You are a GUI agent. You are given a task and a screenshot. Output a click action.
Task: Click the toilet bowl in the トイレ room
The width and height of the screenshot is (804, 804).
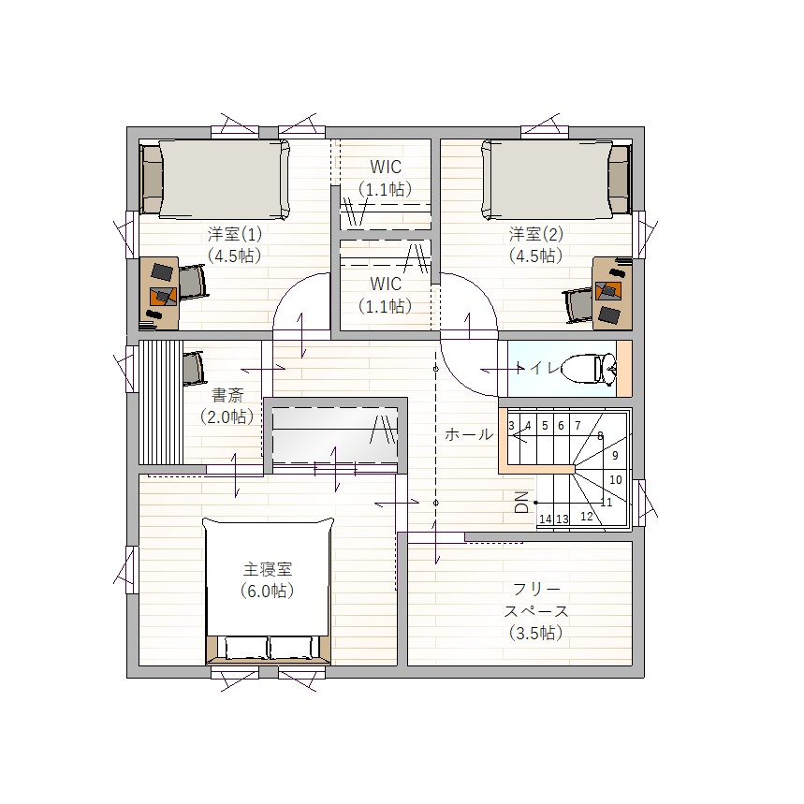coord(589,368)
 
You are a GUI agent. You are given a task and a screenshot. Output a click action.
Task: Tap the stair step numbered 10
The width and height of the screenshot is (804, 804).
coord(615,479)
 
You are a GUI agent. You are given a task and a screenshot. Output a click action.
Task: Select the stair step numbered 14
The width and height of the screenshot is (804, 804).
coord(545,519)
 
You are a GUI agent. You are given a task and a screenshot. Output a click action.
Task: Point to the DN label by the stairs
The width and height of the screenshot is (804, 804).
coord(521,502)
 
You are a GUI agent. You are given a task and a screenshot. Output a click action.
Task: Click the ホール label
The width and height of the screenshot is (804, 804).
coord(469,434)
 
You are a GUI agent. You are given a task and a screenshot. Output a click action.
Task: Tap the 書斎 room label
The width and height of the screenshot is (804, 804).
coord(227,395)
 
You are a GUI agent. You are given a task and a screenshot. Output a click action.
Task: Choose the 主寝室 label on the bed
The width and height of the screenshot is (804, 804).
coord(267,569)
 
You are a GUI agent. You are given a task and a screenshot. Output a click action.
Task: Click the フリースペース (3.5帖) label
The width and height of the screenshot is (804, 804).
coord(535,610)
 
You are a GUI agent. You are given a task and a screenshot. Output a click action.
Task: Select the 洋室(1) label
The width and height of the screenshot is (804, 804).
coord(235,234)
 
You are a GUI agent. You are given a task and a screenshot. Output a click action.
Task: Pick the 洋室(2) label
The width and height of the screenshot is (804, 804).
coord(535,234)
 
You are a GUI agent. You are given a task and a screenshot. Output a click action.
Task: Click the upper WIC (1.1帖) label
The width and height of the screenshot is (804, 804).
coord(386,178)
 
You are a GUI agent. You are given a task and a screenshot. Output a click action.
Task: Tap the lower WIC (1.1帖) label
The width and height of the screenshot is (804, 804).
coord(386,295)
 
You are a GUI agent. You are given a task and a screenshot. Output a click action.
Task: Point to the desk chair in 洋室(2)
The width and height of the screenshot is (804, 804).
coord(577,304)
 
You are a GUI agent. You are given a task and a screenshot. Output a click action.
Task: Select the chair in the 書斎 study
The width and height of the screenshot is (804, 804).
coord(194,368)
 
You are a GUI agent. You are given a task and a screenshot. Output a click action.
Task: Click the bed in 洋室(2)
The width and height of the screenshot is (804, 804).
coord(556,179)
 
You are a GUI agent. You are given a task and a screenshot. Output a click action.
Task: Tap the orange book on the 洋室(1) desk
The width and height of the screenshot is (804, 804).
coord(163,297)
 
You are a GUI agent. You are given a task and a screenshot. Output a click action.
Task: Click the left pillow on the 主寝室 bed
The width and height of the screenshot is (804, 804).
coord(246,648)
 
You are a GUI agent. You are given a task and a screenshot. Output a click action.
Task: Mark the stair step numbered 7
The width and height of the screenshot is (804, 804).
coord(577,426)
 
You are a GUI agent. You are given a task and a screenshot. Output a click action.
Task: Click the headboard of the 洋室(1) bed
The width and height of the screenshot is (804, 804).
coord(152,179)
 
